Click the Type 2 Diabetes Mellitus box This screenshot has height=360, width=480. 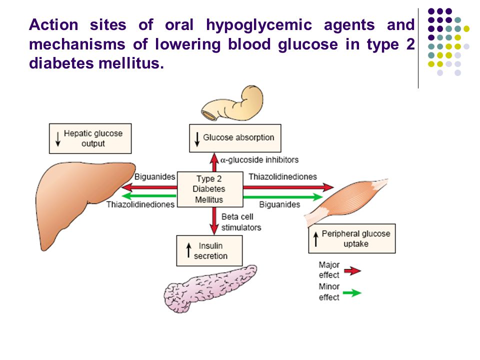(210, 189)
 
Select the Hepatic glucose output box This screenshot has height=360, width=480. (90, 138)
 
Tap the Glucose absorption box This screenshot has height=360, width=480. (235, 138)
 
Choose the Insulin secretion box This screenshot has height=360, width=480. (209, 250)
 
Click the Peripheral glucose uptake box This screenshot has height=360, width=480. (351, 239)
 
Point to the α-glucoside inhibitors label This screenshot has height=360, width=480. (259, 160)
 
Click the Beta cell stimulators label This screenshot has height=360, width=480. (241, 222)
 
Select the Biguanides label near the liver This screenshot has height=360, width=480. (154, 176)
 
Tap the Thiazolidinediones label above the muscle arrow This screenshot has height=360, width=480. (282, 176)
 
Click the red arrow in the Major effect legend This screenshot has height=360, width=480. (352, 270)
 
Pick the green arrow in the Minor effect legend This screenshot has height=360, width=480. (352, 293)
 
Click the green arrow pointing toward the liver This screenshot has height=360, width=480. (149, 196)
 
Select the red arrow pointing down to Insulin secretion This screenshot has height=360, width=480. (214, 221)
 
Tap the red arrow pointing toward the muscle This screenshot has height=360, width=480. (288, 186)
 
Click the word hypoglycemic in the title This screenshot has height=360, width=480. (259, 25)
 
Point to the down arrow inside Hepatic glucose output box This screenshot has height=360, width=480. (58, 139)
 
